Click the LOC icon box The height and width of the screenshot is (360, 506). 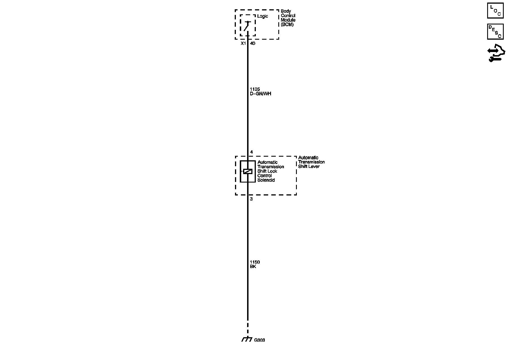coord(495,11)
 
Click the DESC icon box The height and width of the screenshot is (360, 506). coord(495,31)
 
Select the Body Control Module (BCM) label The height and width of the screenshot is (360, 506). coord(288,18)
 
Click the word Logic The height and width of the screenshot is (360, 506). coord(263,16)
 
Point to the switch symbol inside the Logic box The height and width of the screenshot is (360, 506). coord(247,26)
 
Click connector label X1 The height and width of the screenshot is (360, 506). coord(243,44)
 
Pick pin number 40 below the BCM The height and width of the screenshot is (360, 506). coord(253,44)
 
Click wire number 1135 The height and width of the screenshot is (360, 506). coord(255,89)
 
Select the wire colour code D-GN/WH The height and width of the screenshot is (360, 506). coord(261,94)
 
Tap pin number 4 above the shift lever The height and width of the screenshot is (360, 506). coord(252,152)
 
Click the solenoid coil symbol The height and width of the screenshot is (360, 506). coord(248,171)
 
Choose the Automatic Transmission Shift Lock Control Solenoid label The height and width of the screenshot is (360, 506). coord(270,171)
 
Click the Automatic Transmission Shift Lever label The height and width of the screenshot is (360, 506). coord(311,162)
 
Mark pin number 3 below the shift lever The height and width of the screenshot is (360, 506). coord(251,199)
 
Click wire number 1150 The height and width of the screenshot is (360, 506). coord(255,262)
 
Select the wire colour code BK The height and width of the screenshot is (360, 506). coord(253,267)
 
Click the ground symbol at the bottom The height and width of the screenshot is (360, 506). coord(247,339)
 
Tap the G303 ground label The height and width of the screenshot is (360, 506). coord(259,340)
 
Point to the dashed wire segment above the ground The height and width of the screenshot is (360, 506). coord(248,328)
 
